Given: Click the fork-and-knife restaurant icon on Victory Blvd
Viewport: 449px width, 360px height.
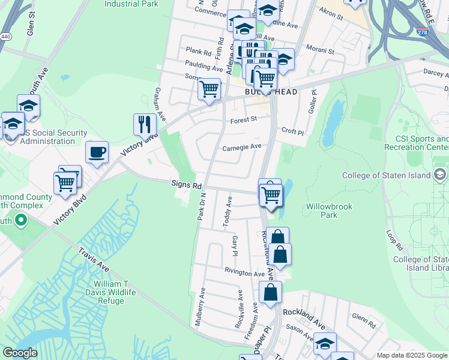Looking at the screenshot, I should click(145, 124).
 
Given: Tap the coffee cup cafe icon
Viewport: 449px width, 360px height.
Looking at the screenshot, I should click(97, 152).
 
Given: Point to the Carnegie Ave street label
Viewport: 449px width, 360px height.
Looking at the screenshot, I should click(242, 147).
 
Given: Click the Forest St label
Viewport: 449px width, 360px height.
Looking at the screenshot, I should click(244, 119).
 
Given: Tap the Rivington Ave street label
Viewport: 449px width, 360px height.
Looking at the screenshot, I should click(244, 274).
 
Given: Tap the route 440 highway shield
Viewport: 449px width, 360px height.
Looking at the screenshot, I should click(6, 37).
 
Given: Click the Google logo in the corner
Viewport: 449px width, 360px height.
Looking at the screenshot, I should click(20, 353).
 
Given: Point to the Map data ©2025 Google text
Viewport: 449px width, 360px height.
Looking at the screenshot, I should click(412, 355).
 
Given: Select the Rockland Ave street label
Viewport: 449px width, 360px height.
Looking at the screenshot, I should click(304, 319).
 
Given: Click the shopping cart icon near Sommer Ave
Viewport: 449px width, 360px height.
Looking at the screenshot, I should click(209, 89).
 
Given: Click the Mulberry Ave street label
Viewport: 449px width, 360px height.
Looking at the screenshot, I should click(200, 306).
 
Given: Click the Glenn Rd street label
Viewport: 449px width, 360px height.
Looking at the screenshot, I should click(364, 320).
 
